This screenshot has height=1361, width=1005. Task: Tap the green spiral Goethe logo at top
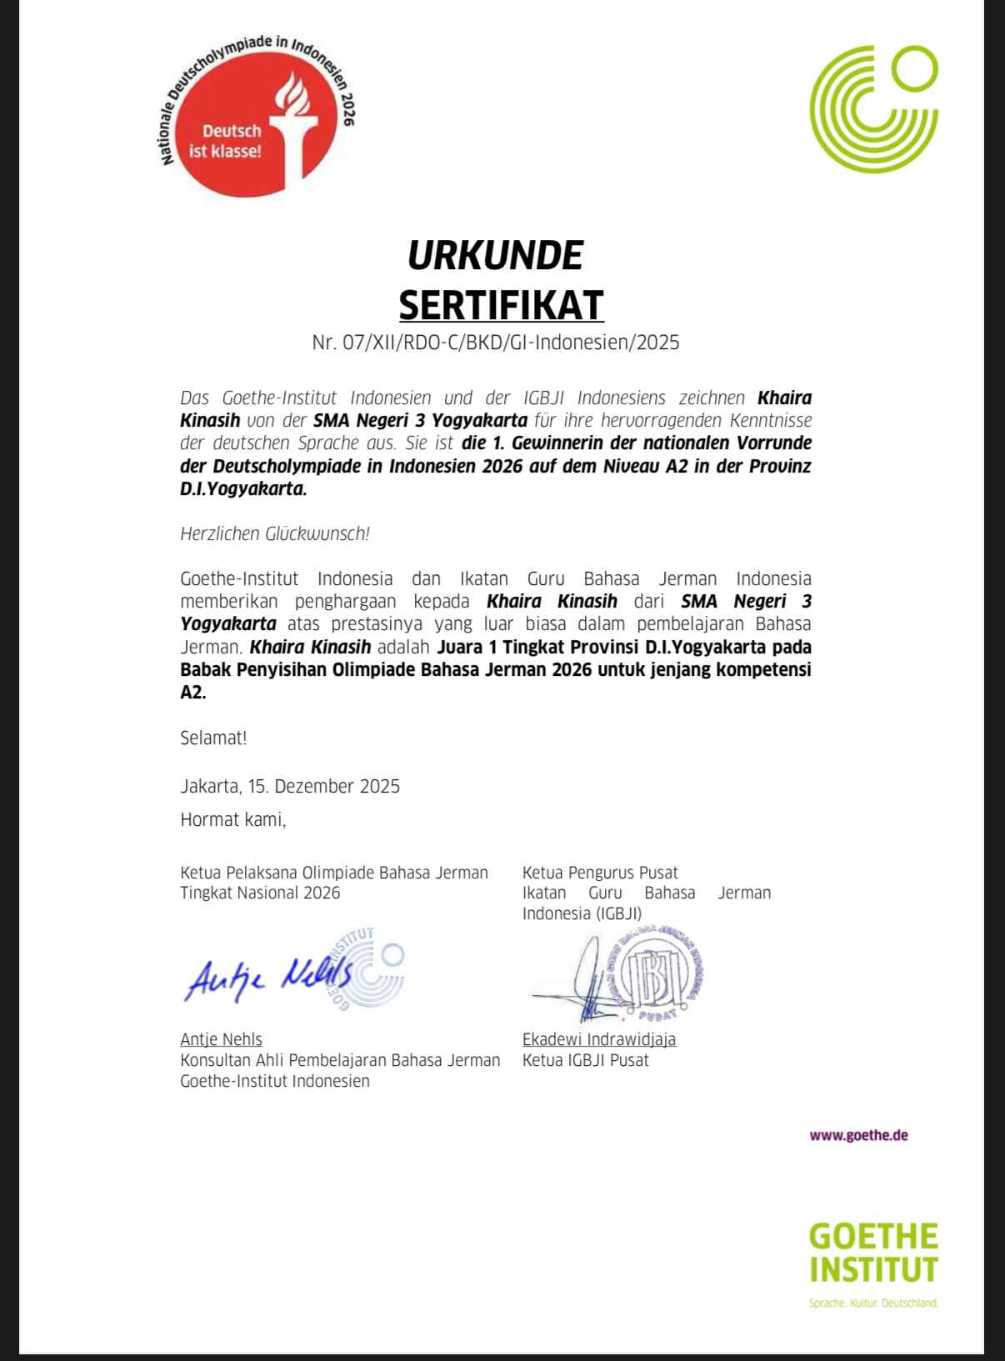pos(873,106)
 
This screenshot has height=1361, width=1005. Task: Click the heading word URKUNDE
pos(495,255)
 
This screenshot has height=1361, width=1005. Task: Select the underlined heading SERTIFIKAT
pos(501,304)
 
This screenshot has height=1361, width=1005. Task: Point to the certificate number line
pos(496,343)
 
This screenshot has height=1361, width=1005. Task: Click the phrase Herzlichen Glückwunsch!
pos(275,533)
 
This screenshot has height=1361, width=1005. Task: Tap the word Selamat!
pos(213,738)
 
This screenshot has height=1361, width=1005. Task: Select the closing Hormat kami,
pos(233,820)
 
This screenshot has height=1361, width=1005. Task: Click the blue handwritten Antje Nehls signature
pos(267,975)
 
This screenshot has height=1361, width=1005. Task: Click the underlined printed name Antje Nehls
pos(221,1039)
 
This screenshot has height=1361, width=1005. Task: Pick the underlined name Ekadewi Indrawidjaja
pos(599,1039)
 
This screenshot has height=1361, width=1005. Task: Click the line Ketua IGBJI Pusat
pos(585,1060)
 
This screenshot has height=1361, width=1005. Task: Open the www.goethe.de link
pos(858,1135)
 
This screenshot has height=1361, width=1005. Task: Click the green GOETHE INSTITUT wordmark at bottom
pos(873,1252)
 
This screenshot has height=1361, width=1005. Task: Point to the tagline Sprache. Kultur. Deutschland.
pos(873,1303)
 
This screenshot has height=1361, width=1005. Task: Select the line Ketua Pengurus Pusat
pos(600,873)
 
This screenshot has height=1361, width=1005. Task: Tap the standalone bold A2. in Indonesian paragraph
pos(192,693)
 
